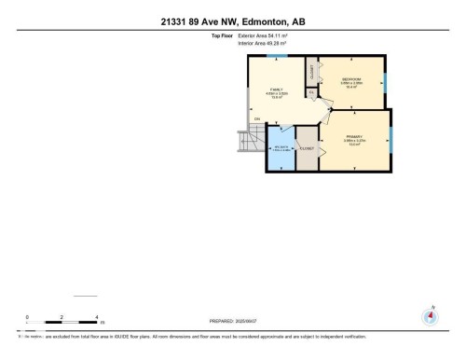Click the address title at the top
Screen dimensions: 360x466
point(232,21)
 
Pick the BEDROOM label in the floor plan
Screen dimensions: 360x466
point(352,80)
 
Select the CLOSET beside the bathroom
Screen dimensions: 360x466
point(307,150)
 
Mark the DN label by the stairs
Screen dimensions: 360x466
point(256,118)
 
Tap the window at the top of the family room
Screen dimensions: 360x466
point(271,57)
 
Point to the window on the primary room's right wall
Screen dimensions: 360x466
point(392,140)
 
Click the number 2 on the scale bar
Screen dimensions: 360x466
point(62,317)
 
